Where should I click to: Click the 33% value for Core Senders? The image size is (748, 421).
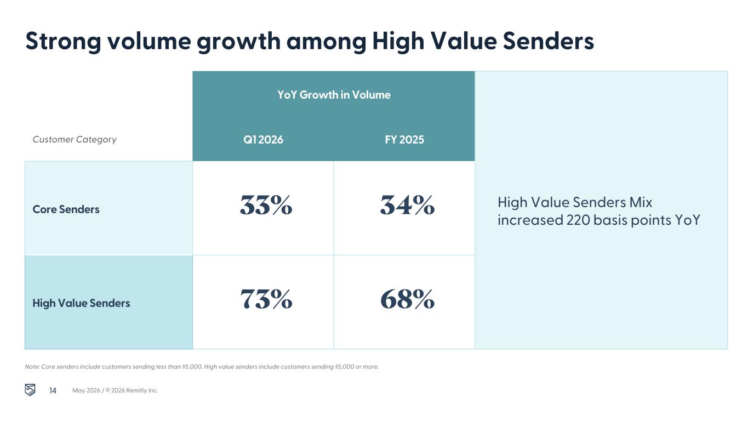point(266,205)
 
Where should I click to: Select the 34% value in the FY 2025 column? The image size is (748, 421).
point(407,205)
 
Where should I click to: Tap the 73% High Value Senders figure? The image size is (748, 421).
point(266,299)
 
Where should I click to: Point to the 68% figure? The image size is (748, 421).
point(407,299)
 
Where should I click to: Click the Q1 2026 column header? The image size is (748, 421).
point(263,140)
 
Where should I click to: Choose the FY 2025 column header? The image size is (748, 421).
point(404,140)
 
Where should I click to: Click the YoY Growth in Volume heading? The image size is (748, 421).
point(334,95)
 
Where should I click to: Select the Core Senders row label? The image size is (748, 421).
point(66,209)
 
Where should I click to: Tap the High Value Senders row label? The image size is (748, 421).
point(81,303)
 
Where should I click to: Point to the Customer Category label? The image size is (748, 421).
point(75,139)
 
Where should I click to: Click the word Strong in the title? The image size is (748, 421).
point(63,42)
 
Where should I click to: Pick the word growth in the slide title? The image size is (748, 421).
point(238,42)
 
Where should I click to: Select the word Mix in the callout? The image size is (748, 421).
point(641,202)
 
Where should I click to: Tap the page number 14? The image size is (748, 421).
point(53,391)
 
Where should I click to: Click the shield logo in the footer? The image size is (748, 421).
point(30,390)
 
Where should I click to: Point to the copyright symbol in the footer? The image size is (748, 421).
point(107,390)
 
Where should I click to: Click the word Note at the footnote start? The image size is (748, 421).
point(32,367)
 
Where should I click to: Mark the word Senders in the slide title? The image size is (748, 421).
point(549,42)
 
